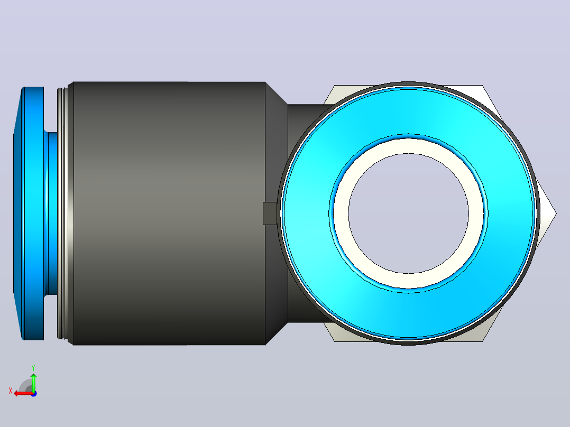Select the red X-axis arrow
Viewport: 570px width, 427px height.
24,394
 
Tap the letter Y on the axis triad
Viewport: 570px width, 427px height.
33,367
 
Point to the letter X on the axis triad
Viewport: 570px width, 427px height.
11,391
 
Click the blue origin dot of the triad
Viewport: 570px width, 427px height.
34,394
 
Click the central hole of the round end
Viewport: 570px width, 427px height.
408,213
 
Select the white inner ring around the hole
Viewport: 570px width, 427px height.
408,145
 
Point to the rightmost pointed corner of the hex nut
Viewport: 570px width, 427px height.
556,213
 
